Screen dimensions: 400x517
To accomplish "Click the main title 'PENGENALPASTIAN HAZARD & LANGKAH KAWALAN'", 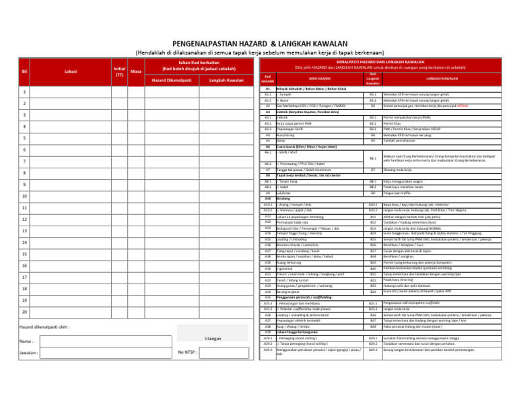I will pyautogui.click(x=258, y=42).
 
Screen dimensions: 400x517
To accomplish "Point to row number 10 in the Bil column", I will pyautogui.click(x=24, y=197).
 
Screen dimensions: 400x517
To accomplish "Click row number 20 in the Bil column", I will pyautogui.click(x=24, y=312).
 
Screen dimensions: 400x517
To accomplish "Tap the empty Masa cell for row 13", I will pyautogui.click(x=136, y=231).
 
